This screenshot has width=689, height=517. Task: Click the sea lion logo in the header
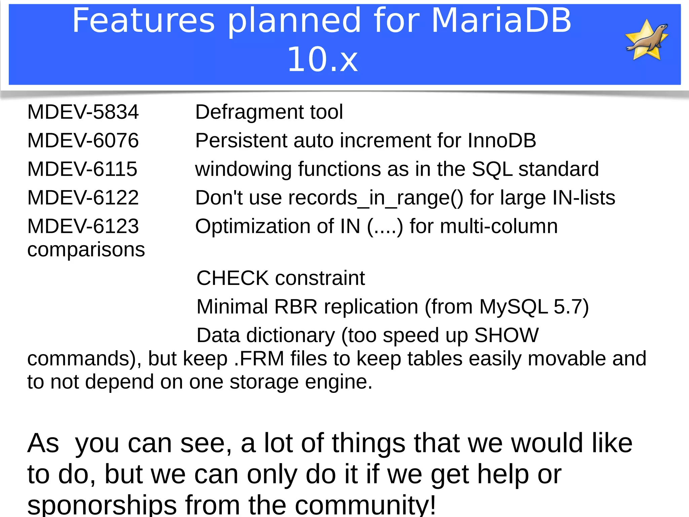tap(647, 40)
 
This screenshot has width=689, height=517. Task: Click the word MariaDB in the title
tap(501, 21)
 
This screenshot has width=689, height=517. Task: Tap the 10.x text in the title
tap(322, 60)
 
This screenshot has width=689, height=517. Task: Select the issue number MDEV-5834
tap(83, 112)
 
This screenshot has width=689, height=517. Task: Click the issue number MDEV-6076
tap(83, 141)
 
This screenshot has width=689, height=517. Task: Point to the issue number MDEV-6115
tap(82, 169)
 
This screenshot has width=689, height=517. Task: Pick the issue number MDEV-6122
tap(83, 198)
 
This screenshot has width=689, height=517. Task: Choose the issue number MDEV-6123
tap(83, 226)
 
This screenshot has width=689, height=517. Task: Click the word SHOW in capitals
tap(506, 335)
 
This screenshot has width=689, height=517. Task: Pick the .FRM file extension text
tap(259, 359)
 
